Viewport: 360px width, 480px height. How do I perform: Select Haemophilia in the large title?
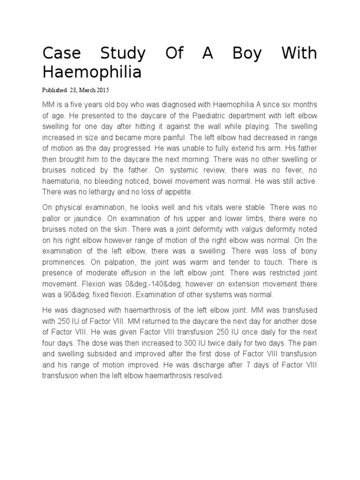click(91, 72)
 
